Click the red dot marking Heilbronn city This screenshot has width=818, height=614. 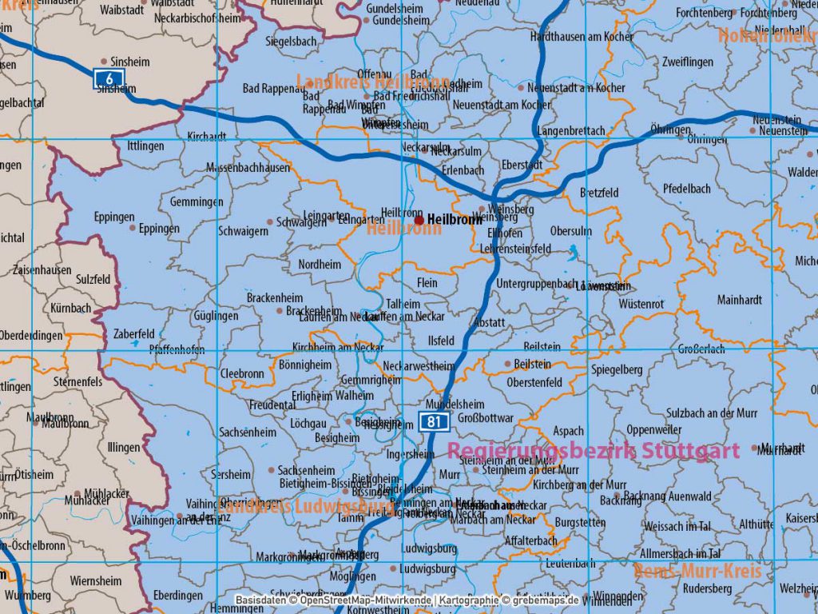419,219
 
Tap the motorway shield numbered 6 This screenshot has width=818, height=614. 108,78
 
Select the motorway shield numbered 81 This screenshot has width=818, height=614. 433,421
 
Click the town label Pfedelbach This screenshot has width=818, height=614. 686,189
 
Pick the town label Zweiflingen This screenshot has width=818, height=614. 687,62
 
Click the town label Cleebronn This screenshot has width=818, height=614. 241,373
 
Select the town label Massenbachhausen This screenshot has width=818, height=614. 248,168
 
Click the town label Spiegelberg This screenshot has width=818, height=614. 617,370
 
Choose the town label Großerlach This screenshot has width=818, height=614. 701,349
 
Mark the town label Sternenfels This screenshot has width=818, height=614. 77,382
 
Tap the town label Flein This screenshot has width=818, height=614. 427,283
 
